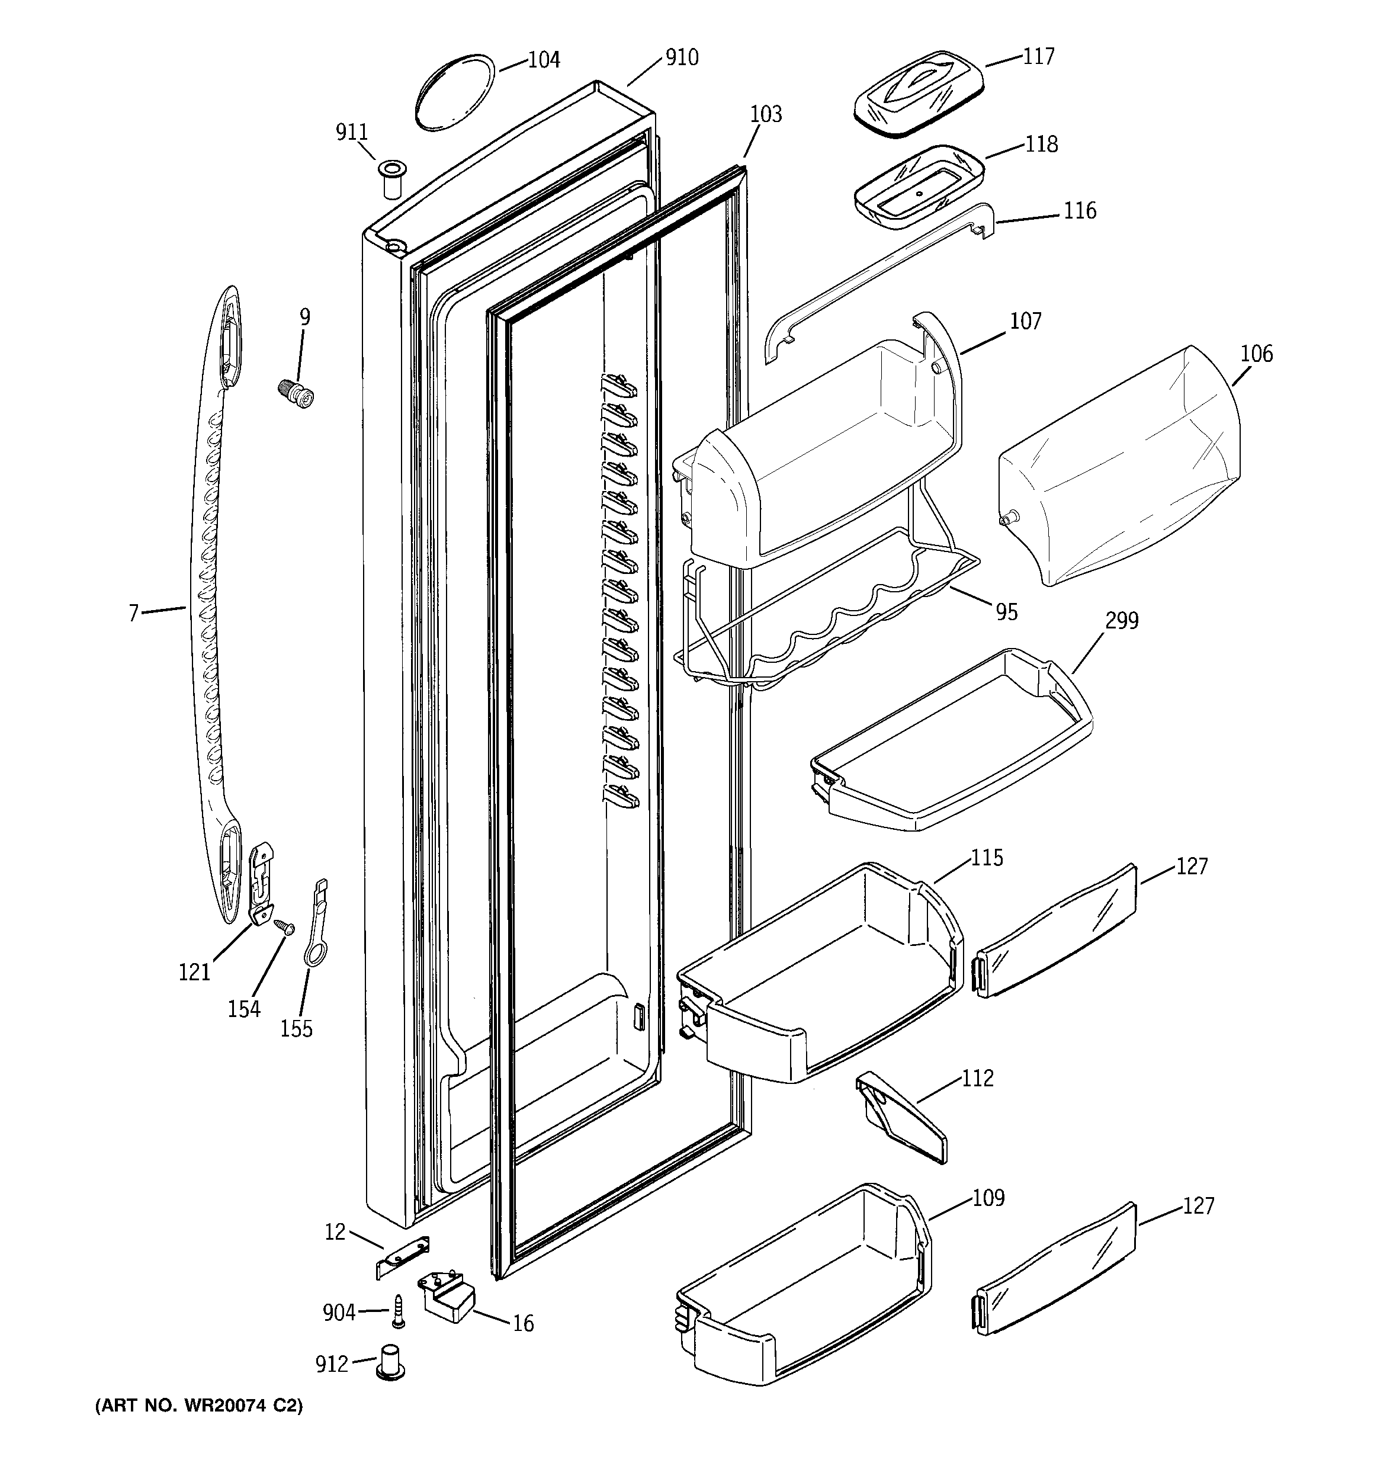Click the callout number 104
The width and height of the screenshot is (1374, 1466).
coord(544,60)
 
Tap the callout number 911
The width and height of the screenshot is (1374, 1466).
coord(352,132)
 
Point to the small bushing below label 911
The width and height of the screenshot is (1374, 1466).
coord(390,178)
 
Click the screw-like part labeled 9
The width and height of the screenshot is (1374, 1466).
coord(297,392)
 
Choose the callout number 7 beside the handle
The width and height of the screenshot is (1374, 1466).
coord(133,614)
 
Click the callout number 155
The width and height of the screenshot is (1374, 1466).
coord(297,1028)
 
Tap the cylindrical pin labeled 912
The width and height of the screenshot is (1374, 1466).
coord(391,1361)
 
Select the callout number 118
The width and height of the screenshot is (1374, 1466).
coord(1041,144)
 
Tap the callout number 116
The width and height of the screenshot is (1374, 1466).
coord(1080,211)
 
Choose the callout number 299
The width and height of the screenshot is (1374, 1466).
coord(1122,621)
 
